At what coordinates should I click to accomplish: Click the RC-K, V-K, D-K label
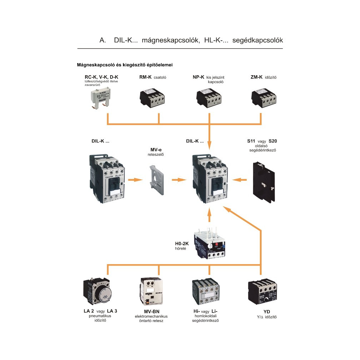pos(101,77)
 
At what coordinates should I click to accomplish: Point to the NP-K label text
pos(198,77)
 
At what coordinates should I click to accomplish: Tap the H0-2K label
pos(182,243)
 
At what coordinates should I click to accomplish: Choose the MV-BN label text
pos(151,312)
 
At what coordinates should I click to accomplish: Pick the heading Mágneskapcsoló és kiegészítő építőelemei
pos(125,65)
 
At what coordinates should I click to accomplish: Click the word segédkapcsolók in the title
pos(257,40)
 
